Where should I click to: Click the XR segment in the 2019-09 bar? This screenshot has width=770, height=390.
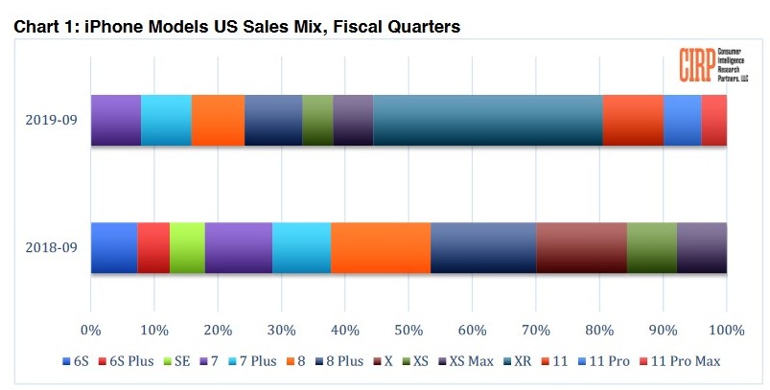pos(487,121)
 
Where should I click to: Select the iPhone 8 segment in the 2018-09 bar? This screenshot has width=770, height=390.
pos(381,247)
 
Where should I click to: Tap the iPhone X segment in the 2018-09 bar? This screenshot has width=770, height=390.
pos(581,247)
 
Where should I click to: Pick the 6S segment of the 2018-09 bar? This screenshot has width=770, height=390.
pos(113,247)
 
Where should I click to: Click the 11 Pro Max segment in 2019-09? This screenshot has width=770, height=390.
pos(713,121)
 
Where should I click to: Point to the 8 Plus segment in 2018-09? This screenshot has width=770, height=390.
pos(483,247)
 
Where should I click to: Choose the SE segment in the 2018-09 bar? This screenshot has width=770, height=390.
pos(187,247)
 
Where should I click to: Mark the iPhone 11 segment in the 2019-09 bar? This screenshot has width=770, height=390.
pos(633,121)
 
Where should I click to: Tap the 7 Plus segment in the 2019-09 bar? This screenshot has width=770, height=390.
pos(166,121)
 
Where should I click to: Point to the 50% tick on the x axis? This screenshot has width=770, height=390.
pos(408,330)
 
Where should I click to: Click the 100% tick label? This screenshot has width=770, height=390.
pos(726,330)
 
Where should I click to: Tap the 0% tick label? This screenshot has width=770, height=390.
pos(90,330)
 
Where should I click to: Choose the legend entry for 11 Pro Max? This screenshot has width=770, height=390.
pos(686,361)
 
